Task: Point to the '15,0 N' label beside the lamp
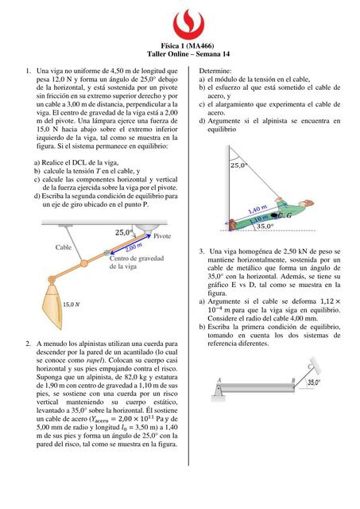tap(72, 304)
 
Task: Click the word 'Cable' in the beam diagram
tap(64, 247)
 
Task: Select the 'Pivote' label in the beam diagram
tap(162, 237)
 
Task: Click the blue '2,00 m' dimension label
tap(133, 247)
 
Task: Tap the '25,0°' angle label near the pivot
tap(124, 232)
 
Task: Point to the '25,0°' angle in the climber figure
tap(238, 165)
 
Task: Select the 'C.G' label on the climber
tap(284, 215)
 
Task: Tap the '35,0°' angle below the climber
tap(265, 227)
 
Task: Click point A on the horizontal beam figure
tap(219, 380)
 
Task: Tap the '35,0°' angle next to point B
tap(314, 383)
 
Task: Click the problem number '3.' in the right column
tap(203, 251)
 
